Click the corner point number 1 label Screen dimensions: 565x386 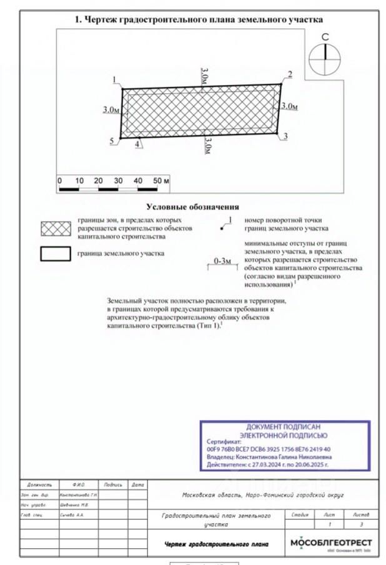tap(115, 79)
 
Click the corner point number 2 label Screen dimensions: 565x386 tap(289, 75)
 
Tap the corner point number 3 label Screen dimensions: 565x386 tap(285, 136)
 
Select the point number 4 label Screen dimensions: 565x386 tap(136, 143)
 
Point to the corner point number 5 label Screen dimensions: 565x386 tap(112, 142)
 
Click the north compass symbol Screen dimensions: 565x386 tap(325, 57)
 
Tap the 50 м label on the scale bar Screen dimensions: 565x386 tap(161, 181)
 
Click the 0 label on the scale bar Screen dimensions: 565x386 tap(59, 181)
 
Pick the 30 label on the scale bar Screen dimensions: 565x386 tap(118, 181)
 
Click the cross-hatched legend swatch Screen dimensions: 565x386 tap(56, 228)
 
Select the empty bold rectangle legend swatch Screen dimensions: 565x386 tap(56, 254)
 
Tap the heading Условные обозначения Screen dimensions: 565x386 tap(192, 207)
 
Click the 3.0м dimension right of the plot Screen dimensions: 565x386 tap(289, 106)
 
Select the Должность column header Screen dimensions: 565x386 tap(39, 484)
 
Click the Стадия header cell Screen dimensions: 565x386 tap(300, 514)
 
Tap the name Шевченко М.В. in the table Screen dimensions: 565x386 tap(74, 504)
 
